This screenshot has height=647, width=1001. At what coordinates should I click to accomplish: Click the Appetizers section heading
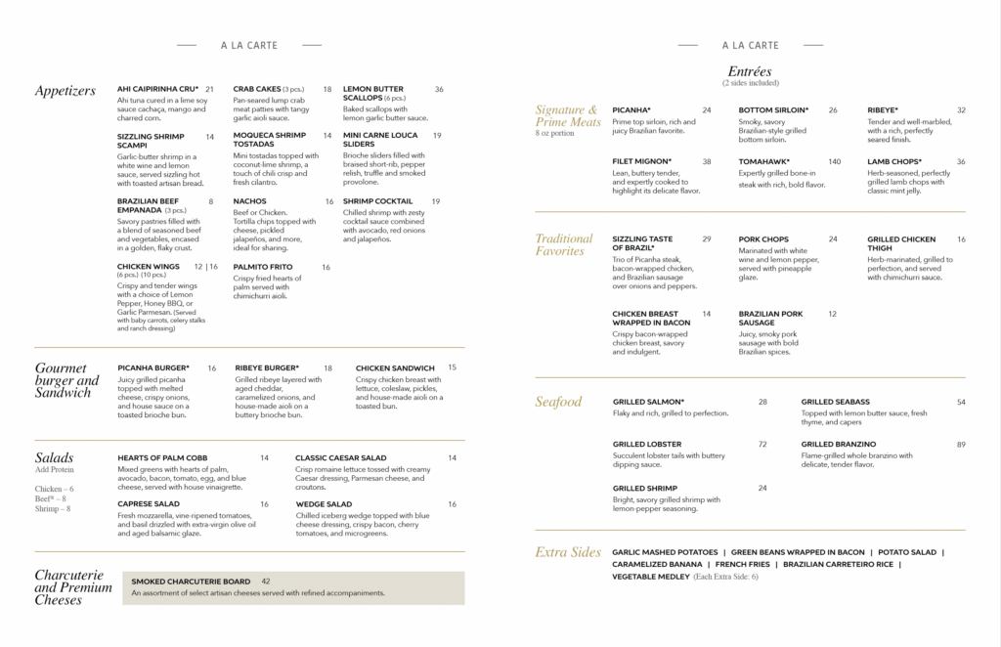65,91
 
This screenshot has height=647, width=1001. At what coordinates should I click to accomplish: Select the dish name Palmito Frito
261,267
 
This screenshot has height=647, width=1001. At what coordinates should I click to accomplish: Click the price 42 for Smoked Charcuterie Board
266,582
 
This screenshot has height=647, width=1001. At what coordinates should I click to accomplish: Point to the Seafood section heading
558,402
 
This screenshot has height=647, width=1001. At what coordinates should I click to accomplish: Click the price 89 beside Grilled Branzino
961,445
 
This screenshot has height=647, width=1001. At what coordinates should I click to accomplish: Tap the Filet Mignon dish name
642,161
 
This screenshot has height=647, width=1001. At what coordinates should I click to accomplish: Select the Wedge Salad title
324,504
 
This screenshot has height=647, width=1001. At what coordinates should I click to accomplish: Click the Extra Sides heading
567,552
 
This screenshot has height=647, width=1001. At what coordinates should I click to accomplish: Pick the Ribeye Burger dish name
267,368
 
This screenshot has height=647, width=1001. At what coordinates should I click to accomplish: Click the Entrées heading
750,71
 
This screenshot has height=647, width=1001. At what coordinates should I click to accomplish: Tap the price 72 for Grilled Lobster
762,445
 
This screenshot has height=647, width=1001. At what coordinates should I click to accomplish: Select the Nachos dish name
249,201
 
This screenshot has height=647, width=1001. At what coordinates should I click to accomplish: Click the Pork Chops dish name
763,239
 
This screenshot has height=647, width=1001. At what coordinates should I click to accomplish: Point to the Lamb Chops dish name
893,161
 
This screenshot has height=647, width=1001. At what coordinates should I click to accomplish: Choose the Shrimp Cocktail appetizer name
377,201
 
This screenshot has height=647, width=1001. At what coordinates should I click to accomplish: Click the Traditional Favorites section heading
564,244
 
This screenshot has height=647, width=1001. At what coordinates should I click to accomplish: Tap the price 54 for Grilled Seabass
961,402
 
